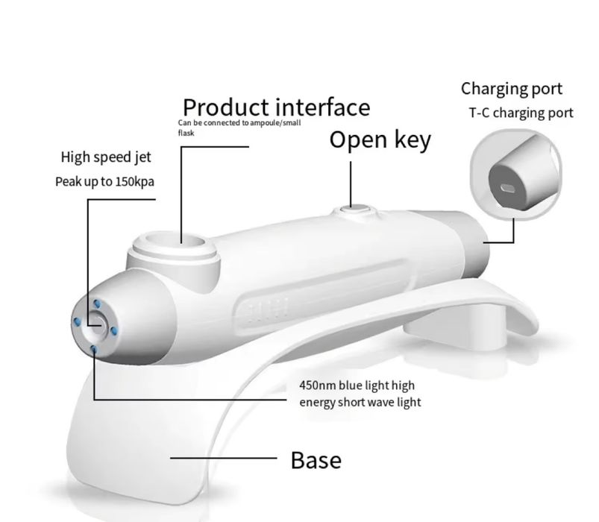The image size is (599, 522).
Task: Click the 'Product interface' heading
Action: click(276, 107)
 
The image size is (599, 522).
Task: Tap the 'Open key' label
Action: click(380, 139)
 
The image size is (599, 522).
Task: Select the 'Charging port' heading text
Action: click(512, 89)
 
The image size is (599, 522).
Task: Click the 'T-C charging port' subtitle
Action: click(521, 113)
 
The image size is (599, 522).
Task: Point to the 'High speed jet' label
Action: click(106, 157)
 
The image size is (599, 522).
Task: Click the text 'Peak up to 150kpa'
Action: click(104, 182)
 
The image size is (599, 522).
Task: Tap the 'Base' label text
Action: click(316, 460)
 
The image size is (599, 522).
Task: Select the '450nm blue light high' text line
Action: click(357, 386)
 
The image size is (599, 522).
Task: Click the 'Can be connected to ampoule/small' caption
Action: click(239, 123)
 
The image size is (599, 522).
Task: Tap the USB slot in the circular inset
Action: click(508, 188)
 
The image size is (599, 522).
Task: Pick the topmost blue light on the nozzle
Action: click(97, 304)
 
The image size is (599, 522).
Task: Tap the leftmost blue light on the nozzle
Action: click(77, 322)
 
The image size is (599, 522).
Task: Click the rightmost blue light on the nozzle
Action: click(113, 330)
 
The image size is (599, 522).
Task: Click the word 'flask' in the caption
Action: click(186, 133)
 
